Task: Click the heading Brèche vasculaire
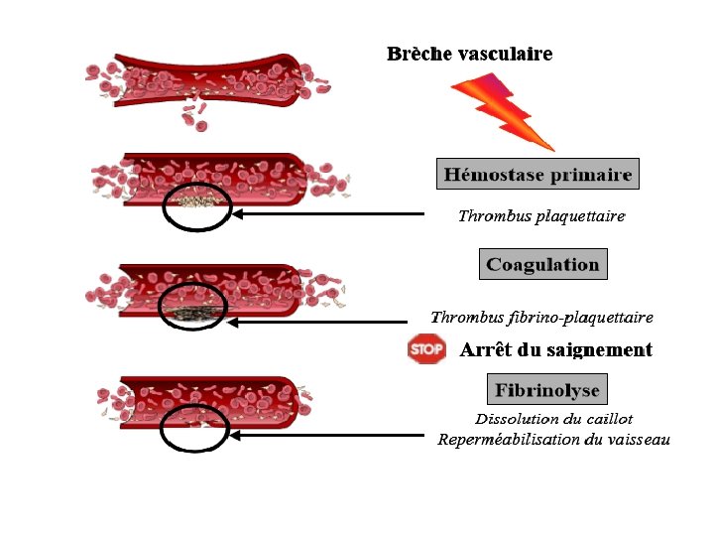(x=469, y=54)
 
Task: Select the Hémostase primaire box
(x=537, y=175)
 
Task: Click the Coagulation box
(x=542, y=264)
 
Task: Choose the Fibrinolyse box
(x=546, y=389)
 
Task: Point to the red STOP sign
(x=426, y=349)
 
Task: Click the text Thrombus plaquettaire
(x=540, y=215)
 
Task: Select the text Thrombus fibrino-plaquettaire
(x=541, y=318)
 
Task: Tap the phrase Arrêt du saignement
(x=555, y=349)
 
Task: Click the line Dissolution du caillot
(x=553, y=419)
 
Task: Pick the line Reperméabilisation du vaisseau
(x=553, y=440)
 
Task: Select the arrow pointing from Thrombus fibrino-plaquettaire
(x=317, y=322)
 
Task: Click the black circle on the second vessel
(x=197, y=206)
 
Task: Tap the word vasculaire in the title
(x=505, y=54)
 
